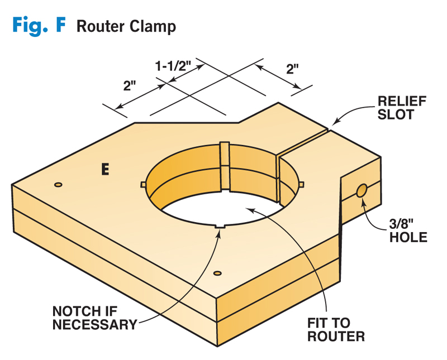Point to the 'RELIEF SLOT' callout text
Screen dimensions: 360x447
(402, 108)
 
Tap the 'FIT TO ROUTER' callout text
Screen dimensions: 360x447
(336, 329)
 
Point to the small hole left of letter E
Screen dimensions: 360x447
(58, 184)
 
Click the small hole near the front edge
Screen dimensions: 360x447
(218, 273)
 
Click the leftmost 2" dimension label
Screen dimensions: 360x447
(130, 87)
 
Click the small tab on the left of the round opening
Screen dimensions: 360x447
(142, 184)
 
